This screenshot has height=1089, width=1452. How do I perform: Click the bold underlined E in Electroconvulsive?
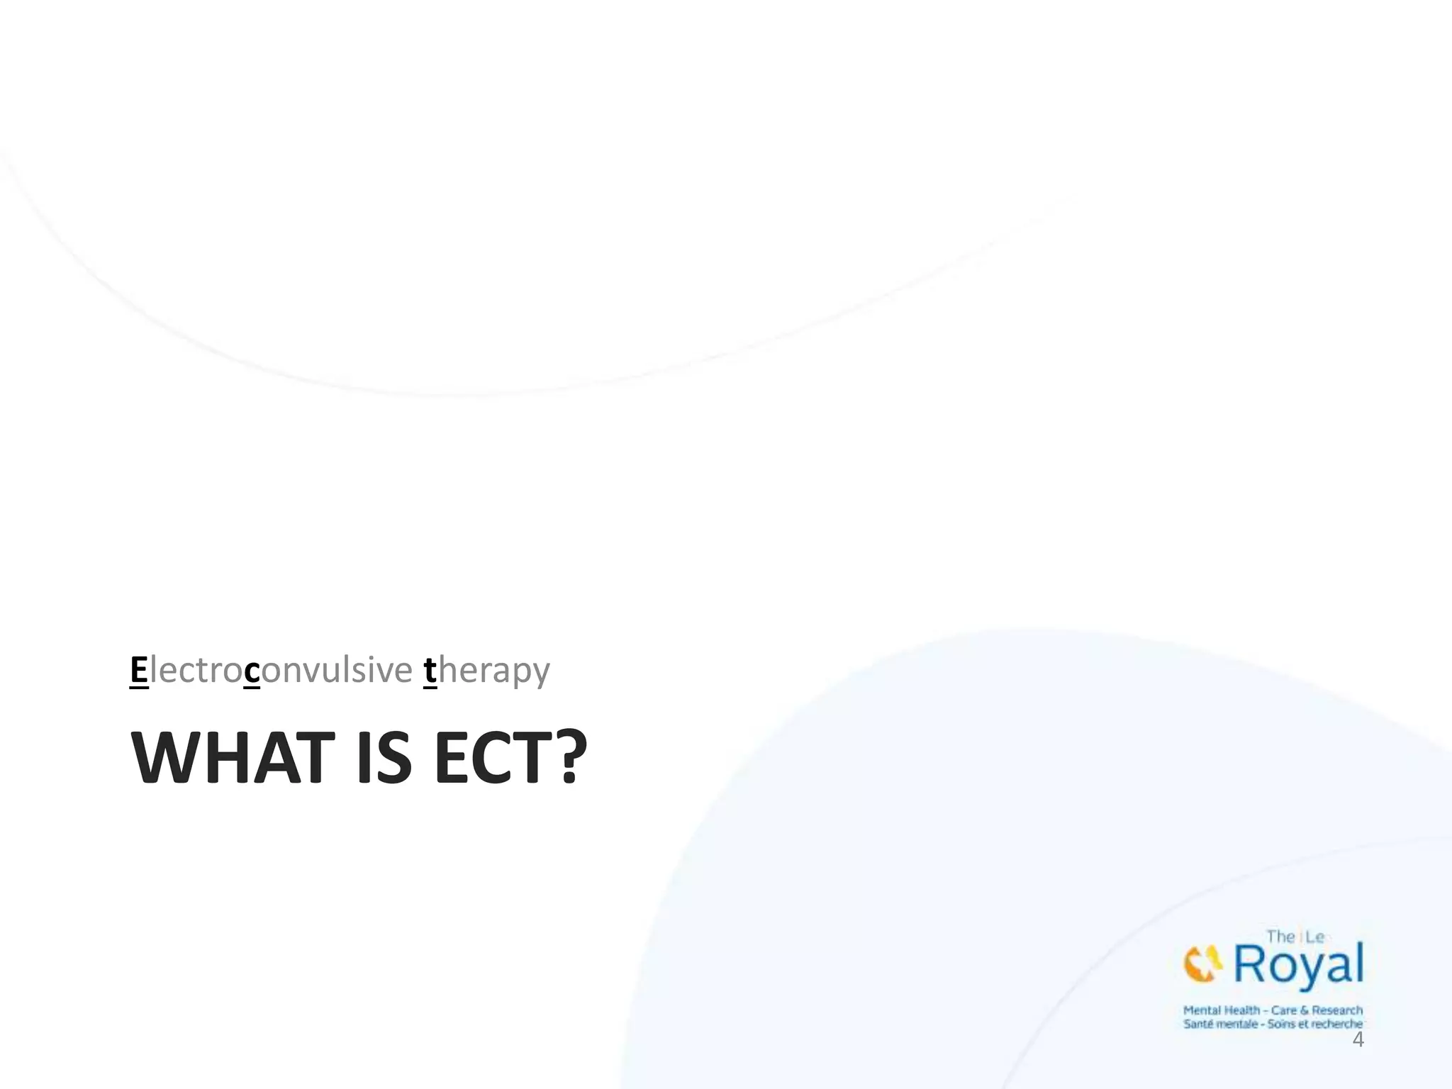point(139,670)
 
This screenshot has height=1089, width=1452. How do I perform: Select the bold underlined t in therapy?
point(430,671)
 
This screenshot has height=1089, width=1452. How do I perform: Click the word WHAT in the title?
point(233,758)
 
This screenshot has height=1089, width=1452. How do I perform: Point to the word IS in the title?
point(385,758)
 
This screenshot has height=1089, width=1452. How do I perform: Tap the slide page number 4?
point(1358,1039)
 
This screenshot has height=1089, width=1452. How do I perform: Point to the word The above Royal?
point(1281,937)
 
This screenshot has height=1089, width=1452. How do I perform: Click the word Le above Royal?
point(1314,937)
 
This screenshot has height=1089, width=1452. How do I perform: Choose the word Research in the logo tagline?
point(1337,1010)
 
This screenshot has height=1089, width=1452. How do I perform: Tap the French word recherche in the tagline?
point(1336,1024)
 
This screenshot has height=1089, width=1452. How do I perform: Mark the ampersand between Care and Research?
point(1305,1010)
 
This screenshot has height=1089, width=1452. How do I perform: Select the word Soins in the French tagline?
point(1283,1024)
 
